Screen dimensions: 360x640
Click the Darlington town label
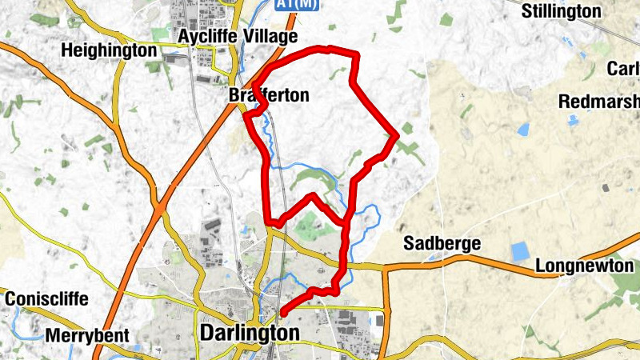pyautogui.click(x=252, y=332)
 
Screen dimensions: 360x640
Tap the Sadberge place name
pyautogui.click(x=442, y=243)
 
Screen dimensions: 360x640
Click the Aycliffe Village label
pyautogui.click(x=238, y=37)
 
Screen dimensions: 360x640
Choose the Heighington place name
pyautogui.click(x=109, y=50)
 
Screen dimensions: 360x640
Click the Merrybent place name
pyautogui.click(x=87, y=336)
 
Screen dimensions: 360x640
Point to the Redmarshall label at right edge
pyautogui.click(x=599, y=102)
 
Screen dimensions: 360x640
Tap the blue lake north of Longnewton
pyautogui.click(x=521, y=251)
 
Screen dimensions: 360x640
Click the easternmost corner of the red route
pyautogui.click(x=397, y=135)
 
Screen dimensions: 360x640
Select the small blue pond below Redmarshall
pyautogui.click(x=574, y=121)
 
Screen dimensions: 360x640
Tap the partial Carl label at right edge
pyautogui.click(x=623, y=69)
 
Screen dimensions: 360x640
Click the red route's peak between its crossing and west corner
pyautogui.click(x=312, y=194)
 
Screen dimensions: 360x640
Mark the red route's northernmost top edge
pyautogui.click(x=328, y=49)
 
